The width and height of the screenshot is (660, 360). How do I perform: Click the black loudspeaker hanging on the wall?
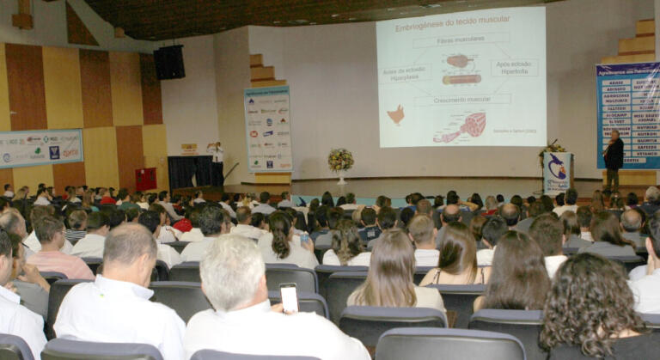[169, 62]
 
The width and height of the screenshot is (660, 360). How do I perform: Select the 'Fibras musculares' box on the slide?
[461, 40]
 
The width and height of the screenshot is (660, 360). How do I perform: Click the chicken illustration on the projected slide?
[396, 113]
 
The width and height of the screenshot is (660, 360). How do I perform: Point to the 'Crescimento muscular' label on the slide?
[461, 99]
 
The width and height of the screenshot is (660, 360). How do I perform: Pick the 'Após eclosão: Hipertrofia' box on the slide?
[514, 67]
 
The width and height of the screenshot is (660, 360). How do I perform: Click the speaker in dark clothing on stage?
[613, 158]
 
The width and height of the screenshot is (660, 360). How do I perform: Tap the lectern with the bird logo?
[557, 173]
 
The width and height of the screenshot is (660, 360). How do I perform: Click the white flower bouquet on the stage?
[340, 159]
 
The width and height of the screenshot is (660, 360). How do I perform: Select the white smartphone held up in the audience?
[289, 297]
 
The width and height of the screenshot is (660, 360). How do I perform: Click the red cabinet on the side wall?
[146, 179]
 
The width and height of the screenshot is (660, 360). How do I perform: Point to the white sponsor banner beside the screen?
[268, 129]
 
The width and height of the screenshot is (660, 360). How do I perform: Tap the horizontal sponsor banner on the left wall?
[40, 148]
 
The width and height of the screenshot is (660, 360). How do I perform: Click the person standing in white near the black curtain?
[217, 163]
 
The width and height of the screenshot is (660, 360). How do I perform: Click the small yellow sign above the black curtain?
[189, 149]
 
